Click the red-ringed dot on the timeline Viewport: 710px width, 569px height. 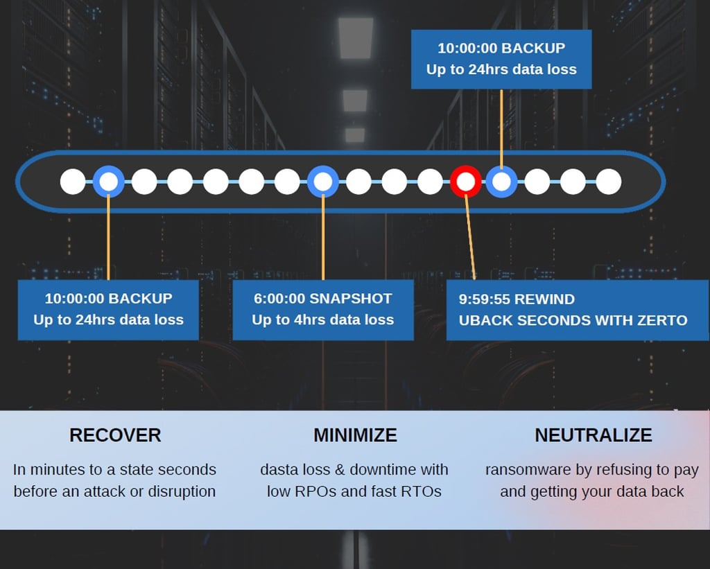point(466,182)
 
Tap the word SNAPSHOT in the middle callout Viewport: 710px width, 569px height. point(351,299)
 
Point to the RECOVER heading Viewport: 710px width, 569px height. point(115,435)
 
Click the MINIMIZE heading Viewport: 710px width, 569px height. point(355,435)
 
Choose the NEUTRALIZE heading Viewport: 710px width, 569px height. point(593,435)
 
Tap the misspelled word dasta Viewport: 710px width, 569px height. point(278,470)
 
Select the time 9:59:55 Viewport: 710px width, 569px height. point(482,299)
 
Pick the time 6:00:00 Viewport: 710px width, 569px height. point(279,299)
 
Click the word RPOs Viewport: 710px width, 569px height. point(313,492)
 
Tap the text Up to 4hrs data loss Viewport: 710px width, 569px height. point(322,320)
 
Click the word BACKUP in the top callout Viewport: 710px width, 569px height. point(533,49)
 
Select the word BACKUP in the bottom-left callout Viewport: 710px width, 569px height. point(140,299)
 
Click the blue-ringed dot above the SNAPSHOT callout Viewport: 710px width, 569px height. point(323,182)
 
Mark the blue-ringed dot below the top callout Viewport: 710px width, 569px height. point(501,182)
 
